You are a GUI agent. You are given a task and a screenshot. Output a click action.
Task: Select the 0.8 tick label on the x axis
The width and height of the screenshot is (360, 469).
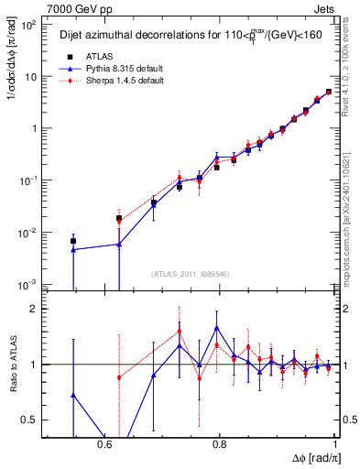220,444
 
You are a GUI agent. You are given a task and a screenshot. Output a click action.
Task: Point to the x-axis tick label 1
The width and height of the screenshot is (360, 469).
334,444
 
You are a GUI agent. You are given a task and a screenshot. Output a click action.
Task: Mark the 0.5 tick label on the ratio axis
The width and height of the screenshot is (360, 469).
30,420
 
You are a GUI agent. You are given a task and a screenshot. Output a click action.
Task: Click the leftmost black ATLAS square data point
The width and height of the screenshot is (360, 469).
73,241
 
